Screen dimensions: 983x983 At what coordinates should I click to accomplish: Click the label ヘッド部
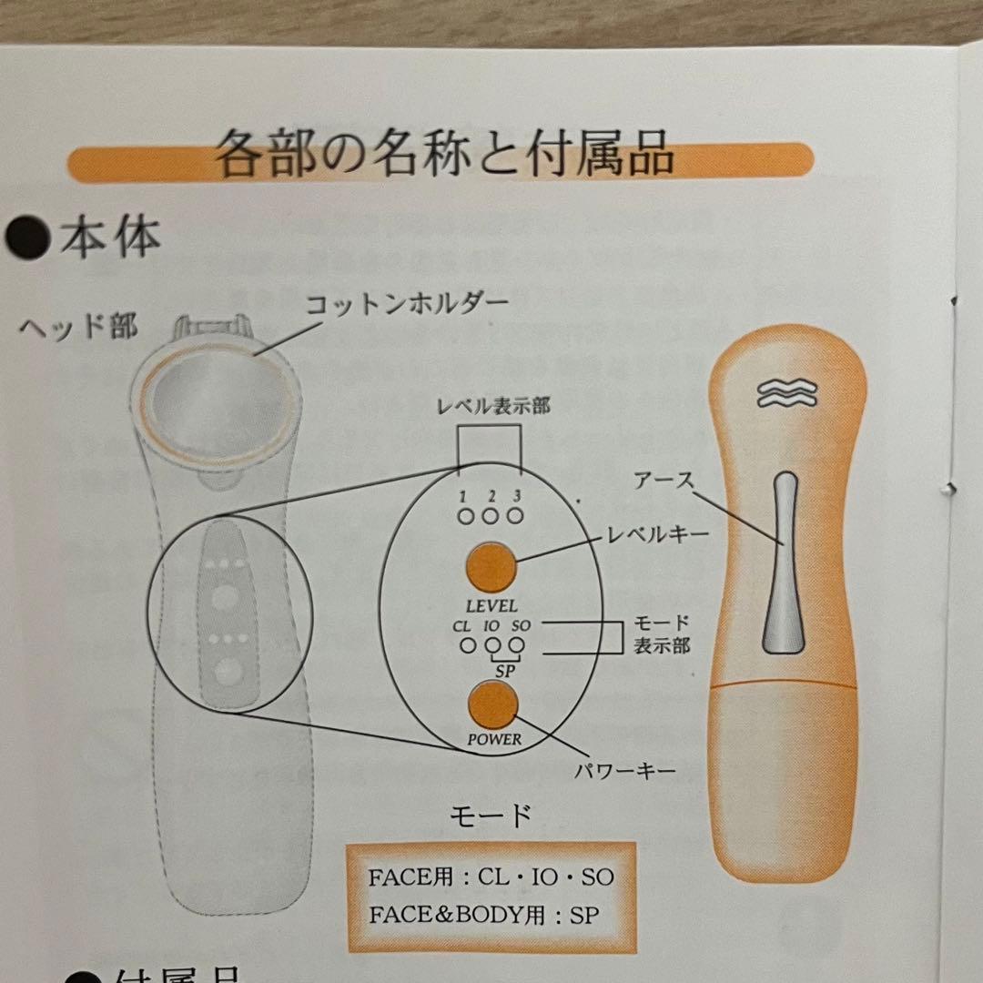(x=79, y=327)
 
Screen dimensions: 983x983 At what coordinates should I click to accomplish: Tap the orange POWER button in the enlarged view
(x=491, y=704)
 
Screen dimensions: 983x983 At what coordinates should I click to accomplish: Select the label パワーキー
(x=624, y=773)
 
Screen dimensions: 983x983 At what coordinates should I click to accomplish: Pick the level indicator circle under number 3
(x=516, y=516)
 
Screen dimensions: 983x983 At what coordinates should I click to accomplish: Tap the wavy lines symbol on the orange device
(x=785, y=394)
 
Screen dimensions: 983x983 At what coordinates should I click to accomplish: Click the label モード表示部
(x=662, y=634)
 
